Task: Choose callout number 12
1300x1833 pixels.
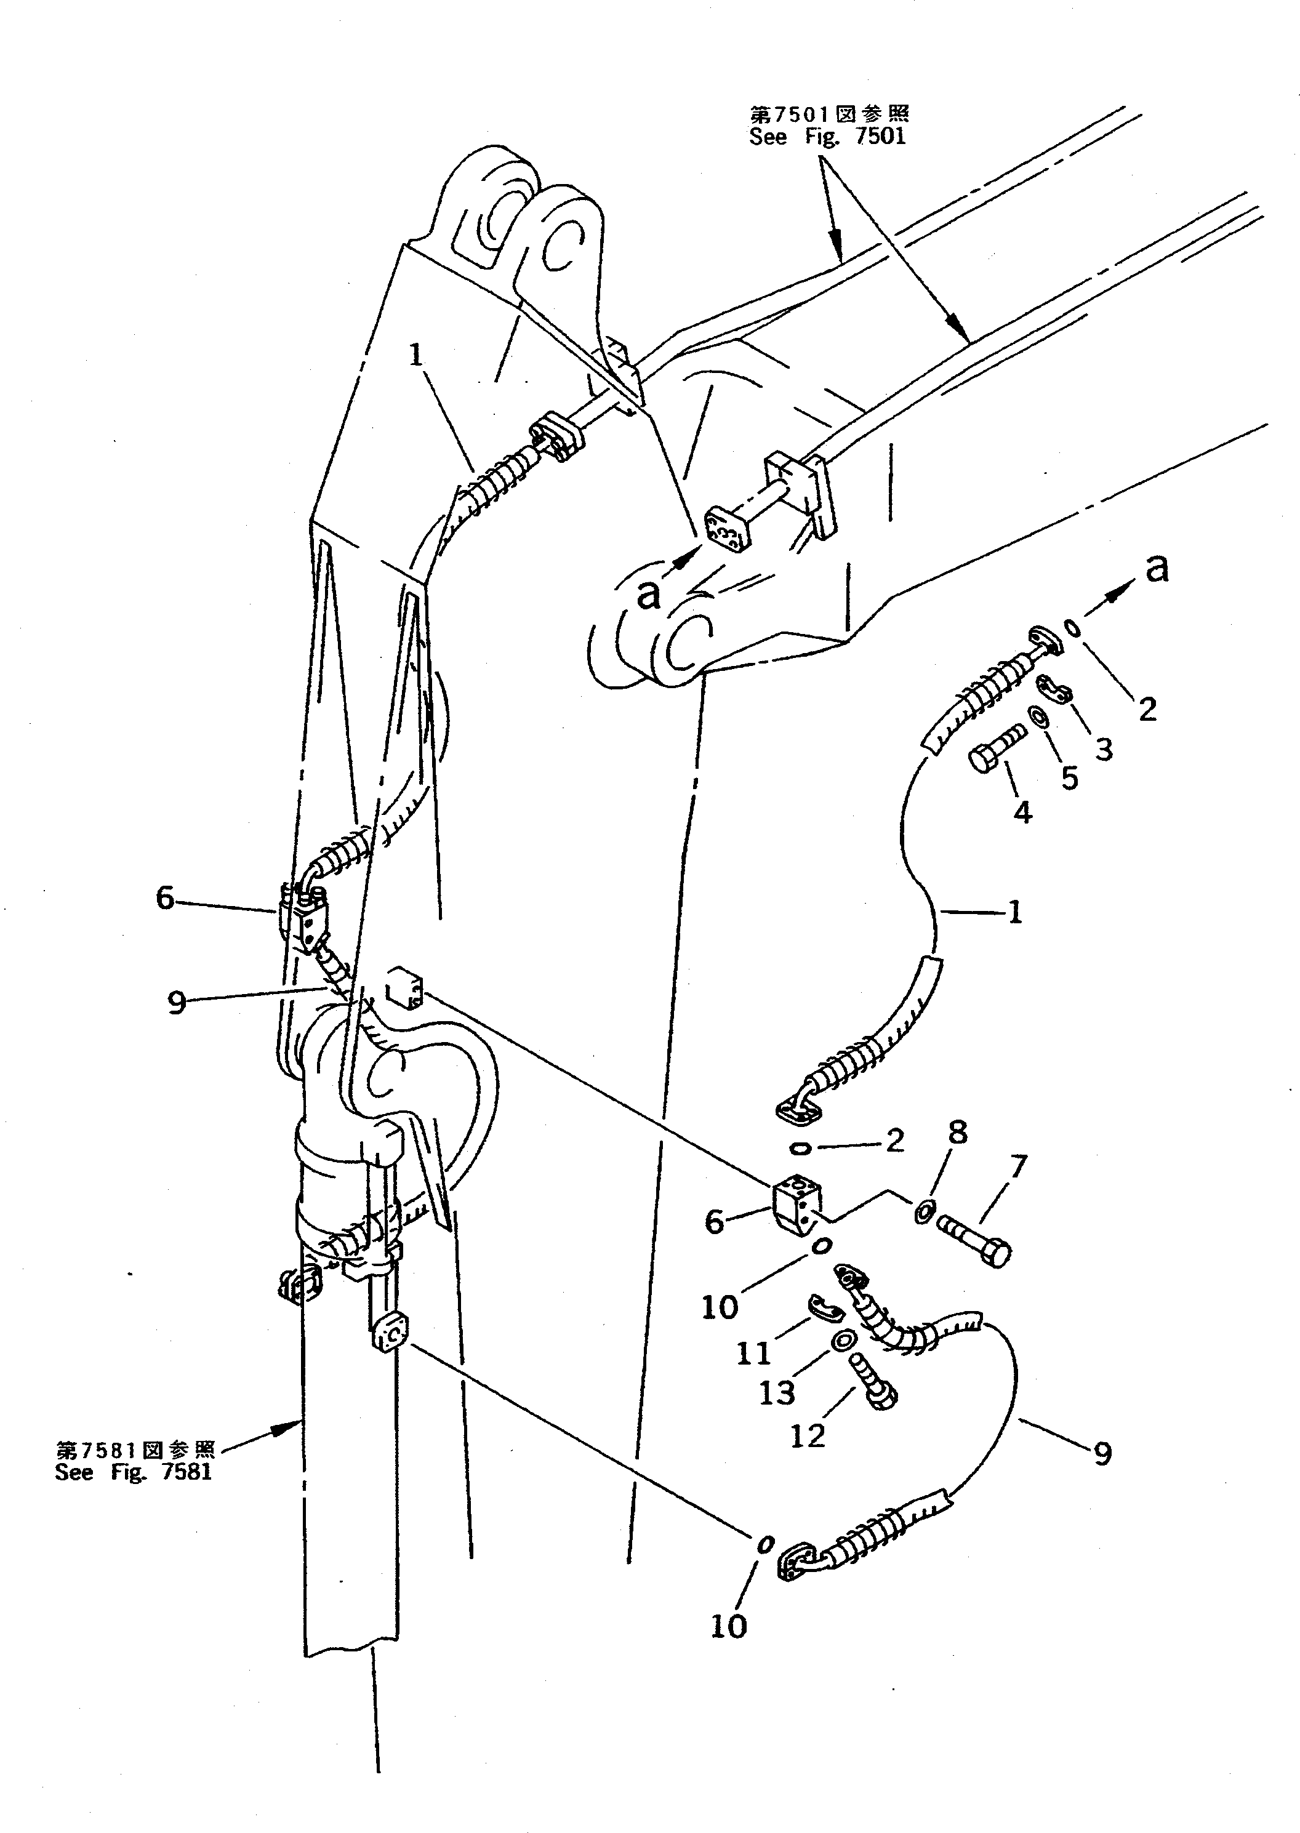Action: point(807,1437)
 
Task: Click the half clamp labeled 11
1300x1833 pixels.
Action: point(822,1307)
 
